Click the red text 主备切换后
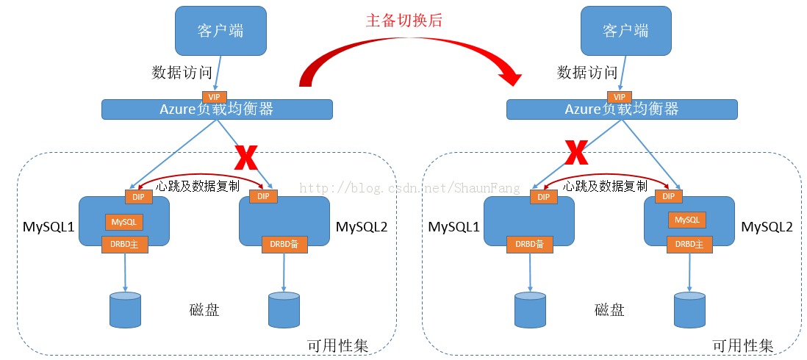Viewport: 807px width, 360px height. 404,21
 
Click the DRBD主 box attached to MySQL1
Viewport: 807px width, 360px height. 124,244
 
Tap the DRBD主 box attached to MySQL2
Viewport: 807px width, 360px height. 689,244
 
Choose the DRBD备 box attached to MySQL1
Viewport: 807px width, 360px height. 529,244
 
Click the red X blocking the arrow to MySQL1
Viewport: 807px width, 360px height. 576,153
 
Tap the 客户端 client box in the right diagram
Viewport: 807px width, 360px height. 625,31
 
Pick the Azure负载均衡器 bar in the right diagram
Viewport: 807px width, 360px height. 622,109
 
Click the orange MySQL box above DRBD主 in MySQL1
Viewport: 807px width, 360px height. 123,221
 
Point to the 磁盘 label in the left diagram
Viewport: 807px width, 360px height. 204,310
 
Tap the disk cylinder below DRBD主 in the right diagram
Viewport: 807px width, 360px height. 689,309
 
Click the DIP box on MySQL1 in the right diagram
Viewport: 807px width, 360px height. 543,197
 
